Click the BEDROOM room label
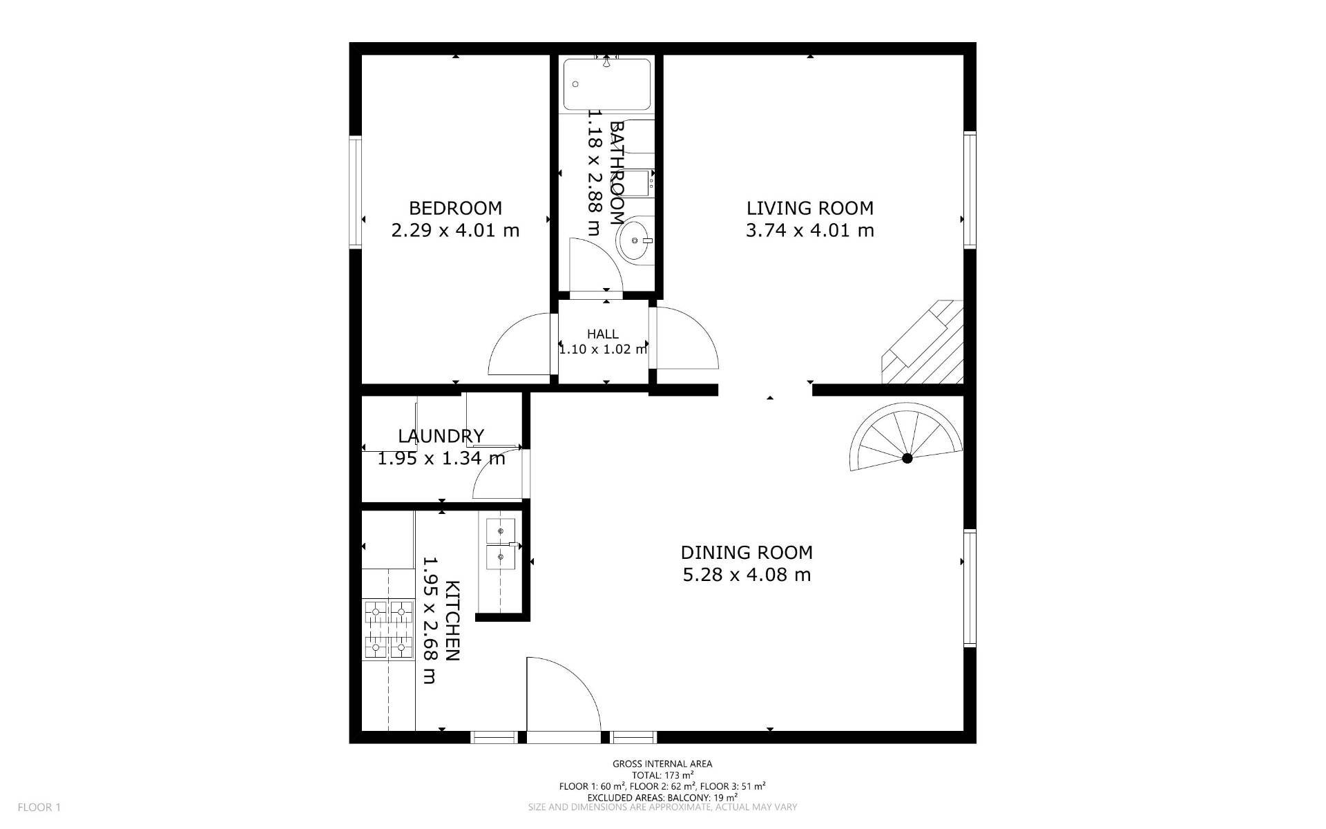point(455,208)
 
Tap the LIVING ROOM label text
point(810,208)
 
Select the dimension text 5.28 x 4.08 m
point(747,575)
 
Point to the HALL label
point(603,334)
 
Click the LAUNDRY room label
point(441,436)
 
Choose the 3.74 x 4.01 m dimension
point(810,230)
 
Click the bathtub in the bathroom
point(607,84)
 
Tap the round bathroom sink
point(633,240)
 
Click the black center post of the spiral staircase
point(907,458)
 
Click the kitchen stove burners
point(388,629)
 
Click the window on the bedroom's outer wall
point(356,191)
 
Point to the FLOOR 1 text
point(39,807)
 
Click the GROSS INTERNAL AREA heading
point(662,764)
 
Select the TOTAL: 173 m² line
point(662,775)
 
